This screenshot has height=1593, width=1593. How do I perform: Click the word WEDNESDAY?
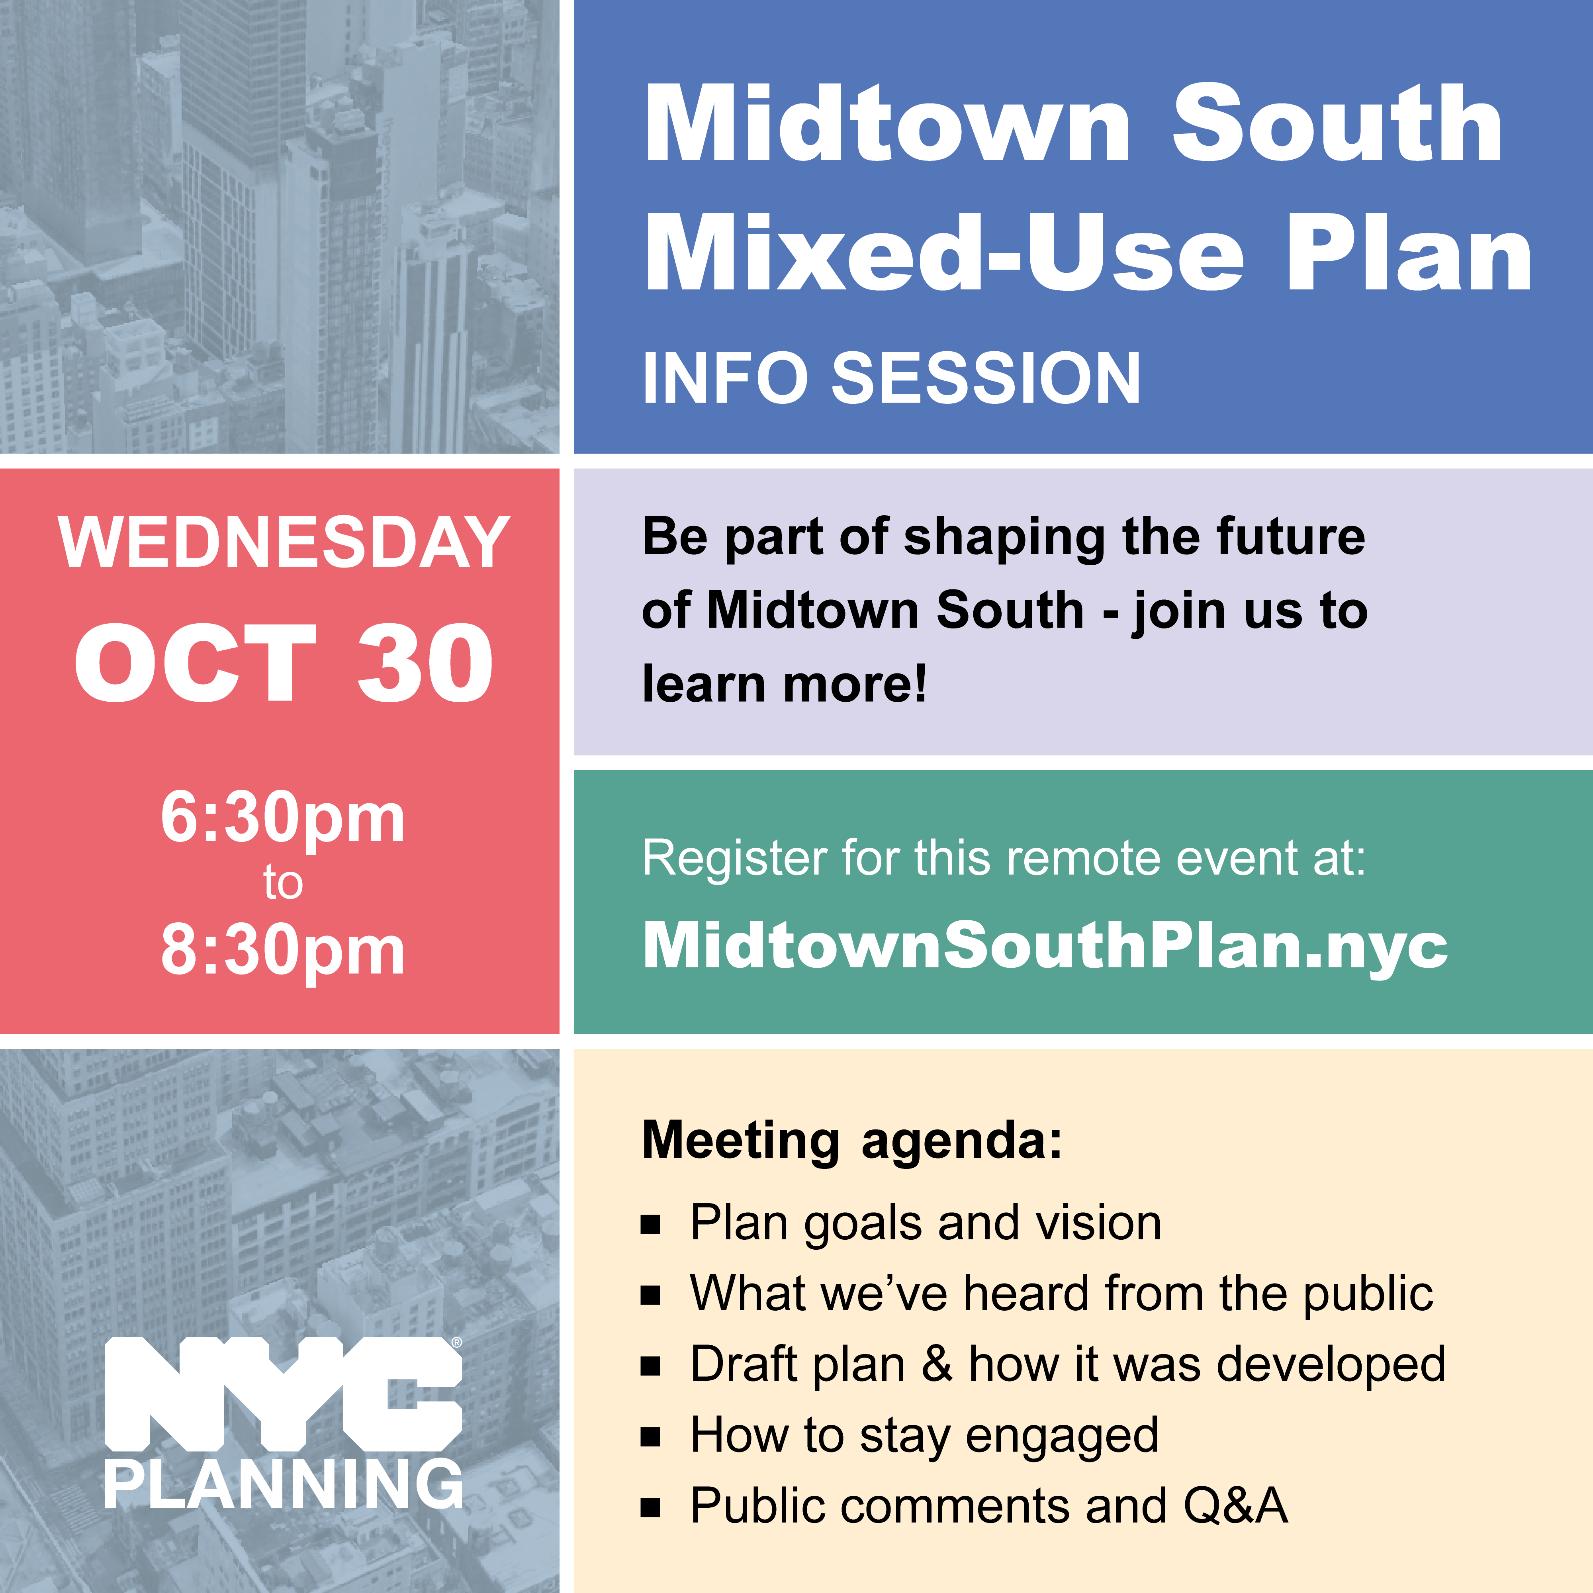[x=284, y=542]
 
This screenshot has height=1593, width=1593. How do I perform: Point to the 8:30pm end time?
[x=283, y=951]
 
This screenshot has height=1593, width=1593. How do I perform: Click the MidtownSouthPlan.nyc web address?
[x=1045, y=946]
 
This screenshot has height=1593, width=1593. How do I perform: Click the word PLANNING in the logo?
[x=284, y=1484]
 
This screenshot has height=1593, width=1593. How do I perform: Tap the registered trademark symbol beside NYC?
[x=457, y=1343]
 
